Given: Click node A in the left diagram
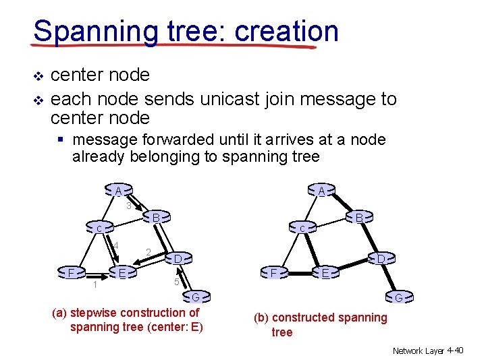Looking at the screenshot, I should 118,191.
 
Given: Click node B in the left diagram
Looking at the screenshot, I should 156,218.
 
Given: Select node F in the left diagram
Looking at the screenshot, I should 71,273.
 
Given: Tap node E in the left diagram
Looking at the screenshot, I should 122,273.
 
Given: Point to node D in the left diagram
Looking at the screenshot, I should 177,259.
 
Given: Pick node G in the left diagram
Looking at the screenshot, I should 194,297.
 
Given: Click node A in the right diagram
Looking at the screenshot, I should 322,191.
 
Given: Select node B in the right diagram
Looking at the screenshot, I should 359,218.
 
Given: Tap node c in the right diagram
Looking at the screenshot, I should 302,229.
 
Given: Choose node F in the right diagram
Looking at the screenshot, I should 273,273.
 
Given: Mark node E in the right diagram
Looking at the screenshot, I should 325,273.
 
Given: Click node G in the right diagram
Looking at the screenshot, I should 399,297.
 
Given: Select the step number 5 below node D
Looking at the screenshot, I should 175,282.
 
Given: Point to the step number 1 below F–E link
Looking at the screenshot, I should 95,285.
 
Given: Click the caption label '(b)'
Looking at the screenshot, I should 261,317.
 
